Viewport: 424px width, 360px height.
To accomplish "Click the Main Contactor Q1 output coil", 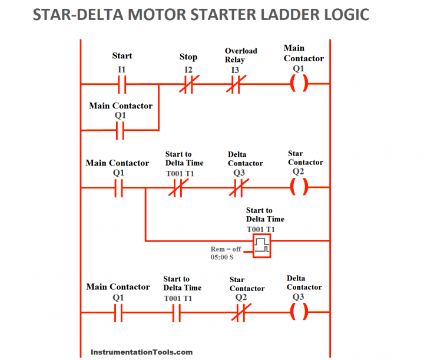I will point(299,84).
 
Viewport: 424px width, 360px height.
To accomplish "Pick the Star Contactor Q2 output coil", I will point(299,187).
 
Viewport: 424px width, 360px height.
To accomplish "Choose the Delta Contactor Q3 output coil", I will point(299,312).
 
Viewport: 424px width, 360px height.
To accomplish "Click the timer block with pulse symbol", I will point(262,246).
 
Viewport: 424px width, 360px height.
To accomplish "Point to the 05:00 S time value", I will point(222,257).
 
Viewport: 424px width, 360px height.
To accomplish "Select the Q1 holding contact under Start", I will point(120,130).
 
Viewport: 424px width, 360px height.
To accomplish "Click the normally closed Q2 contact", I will point(239,313).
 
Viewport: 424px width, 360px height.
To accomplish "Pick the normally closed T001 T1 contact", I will point(177,189).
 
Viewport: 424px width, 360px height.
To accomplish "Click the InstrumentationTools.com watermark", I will point(141,352).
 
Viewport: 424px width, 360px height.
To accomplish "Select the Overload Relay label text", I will point(241,55).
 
